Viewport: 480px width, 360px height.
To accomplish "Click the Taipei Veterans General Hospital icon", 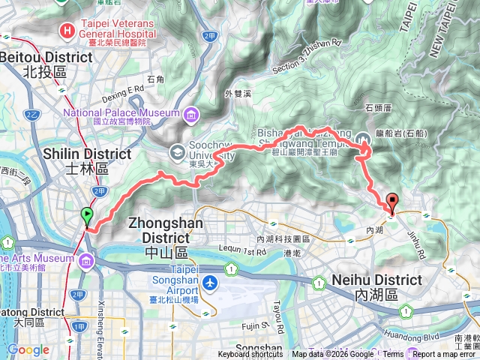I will (x=68, y=31).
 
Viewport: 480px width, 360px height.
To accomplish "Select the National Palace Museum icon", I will (x=191, y=114).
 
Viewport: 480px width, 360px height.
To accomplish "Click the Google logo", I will (x=28, y=349).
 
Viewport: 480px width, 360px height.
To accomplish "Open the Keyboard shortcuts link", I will (x=250, y=355).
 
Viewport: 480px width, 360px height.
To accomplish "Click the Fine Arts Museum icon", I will (x=85, y=260).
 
